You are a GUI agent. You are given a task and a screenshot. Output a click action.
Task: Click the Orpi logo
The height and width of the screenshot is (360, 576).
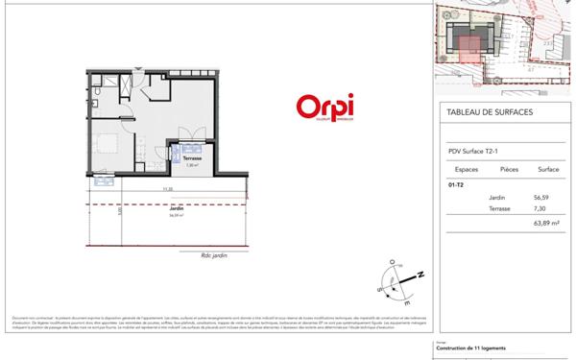click(324, 106)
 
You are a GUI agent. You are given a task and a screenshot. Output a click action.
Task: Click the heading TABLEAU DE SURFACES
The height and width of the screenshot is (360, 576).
click(490, 112)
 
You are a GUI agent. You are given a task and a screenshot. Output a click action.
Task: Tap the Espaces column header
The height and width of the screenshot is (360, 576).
click(463, 168)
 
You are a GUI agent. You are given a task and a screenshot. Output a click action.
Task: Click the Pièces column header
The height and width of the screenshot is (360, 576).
click(509, 168)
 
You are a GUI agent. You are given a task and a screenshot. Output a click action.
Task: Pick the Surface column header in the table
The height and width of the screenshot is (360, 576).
click(548, 168)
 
